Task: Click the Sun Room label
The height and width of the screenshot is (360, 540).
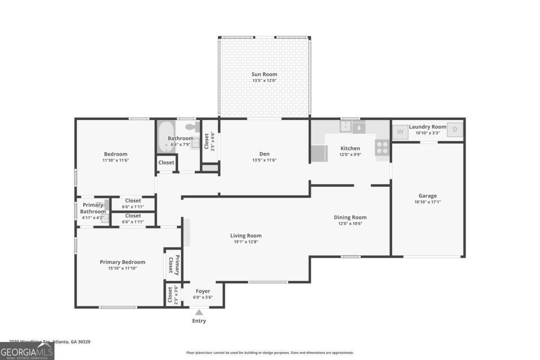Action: pyautogui.click(x=264, y=74)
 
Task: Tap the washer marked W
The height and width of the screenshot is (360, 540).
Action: pyautogui.click(x=400, y=132)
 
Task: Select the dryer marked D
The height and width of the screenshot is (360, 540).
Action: pyautogui.click(x=455, y=130)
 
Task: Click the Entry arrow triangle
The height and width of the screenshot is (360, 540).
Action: pyautogui.click(x=199, y=312)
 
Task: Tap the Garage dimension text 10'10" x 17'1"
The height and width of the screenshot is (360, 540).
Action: pyautogui.click(x=427, y=202)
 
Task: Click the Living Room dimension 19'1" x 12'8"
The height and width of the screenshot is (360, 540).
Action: pyautogui.click(x=246, y=242)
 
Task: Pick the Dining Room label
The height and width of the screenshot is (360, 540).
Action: pyautogui.click(x=350, y=217)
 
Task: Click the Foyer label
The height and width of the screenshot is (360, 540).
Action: pyautogui.click(x=203, y=291)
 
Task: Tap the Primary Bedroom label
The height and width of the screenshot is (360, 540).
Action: pyautogui.click(x=122, y=262)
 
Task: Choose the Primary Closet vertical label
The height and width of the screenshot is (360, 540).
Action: pyautogui.click(x=174, y=265)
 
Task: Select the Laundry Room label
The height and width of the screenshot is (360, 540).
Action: pyautogui.click(x=427, y=127)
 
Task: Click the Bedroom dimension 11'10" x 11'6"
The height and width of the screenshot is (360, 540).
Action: pyautogui.click(x=116, y=160)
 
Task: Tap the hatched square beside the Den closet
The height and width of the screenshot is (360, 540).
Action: pyautogui.click(x=209, y=168)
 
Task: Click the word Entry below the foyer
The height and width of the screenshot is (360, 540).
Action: pyautogui.click(x=199, y=321)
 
